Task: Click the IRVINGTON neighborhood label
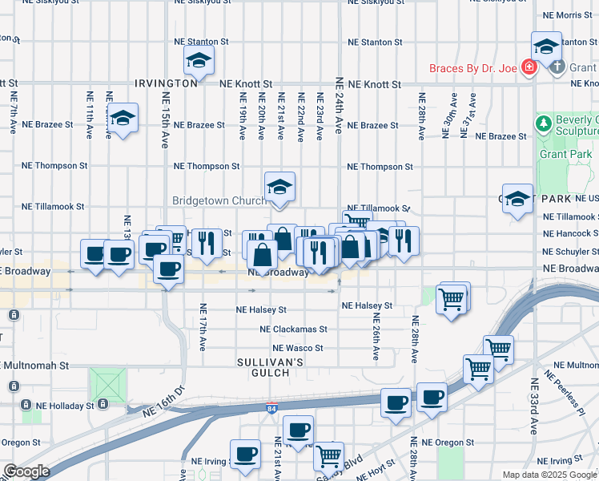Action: (166, 83)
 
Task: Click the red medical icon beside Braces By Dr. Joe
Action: (529, 67)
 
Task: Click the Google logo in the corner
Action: (27, 471)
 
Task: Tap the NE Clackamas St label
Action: (293, 329)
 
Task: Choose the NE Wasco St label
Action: (297, 349)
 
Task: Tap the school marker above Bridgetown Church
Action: (279, 187)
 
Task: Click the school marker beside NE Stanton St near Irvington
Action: (199, 59)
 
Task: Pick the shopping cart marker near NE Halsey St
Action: (452, 299)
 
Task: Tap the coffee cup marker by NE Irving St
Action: (245, 454)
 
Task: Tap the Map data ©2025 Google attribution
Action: (549, 475)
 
